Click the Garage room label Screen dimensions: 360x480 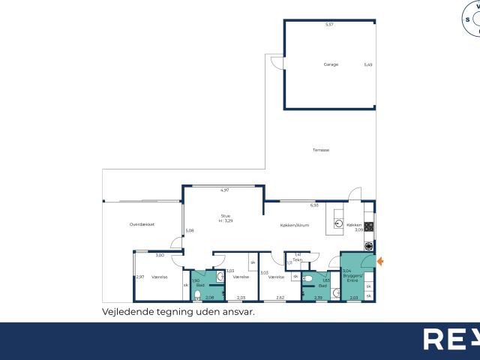(x=331, y=64)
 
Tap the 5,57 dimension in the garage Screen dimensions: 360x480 (x=328, y=25)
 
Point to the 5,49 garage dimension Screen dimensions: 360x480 (x=368, y=64)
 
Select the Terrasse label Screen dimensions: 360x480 (x=321, y=150)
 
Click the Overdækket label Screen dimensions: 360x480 (x=142, y=224)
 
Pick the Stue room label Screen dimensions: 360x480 (x=225, y=216)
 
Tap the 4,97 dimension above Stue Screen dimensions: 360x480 (x=224, y=190)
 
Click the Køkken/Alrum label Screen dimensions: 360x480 (x=295, y=225)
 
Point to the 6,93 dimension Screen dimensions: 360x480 (x=314, y=204)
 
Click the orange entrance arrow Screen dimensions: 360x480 (x=380, y=261)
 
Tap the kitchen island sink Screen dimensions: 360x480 (x=339, y=223)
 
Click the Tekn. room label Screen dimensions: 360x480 (x=297, y=259)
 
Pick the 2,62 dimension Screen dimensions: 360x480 (x=280, y=298)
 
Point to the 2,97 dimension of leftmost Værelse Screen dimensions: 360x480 (x=139, y=277)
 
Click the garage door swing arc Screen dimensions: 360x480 (x=276, y=62)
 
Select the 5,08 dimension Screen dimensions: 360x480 (x=189, y=230)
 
